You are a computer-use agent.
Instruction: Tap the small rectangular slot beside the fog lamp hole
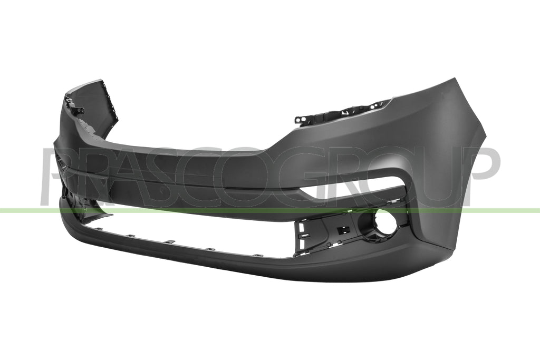[340, 230]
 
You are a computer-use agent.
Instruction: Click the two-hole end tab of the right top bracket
[301, 120]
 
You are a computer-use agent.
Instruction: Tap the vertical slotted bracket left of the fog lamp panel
[299, 238]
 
